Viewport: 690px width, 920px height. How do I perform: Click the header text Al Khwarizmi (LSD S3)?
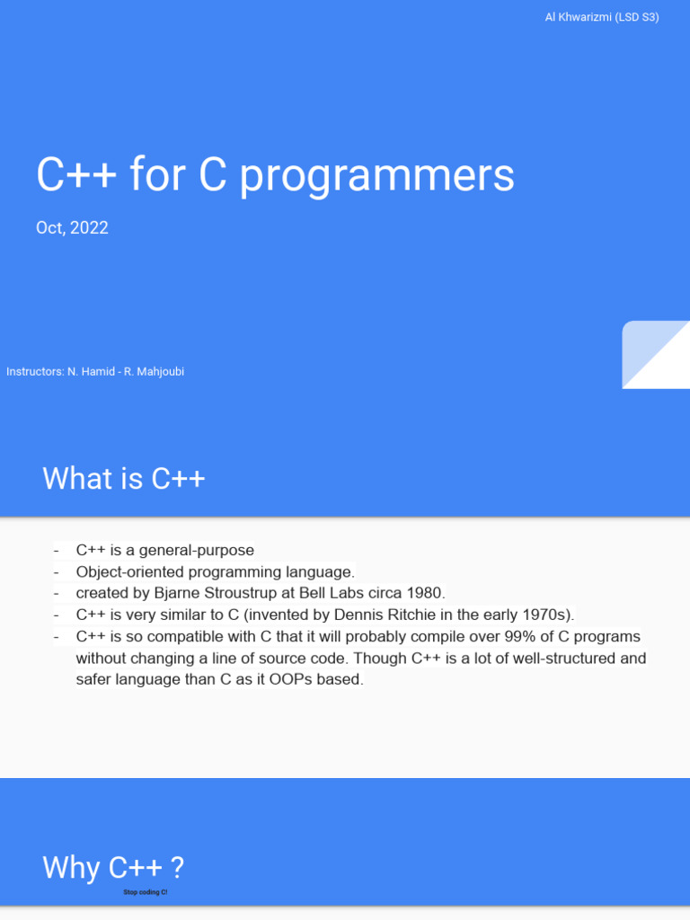click(602, 17)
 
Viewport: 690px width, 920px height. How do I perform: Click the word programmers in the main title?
click(377, 175)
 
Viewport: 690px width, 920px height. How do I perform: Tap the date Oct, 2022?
click(72, 228)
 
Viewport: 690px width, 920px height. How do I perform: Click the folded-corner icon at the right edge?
click(655, 355)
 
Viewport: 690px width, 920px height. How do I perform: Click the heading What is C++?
click(124, 478)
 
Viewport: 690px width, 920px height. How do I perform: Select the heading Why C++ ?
click(113, 868)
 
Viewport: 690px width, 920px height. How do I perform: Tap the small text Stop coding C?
click(146, 893)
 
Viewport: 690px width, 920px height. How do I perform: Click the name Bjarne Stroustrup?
click(216, 593)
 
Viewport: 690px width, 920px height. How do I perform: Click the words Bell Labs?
click(328, 593)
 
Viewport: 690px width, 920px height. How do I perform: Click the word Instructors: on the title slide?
click(34, 372)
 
